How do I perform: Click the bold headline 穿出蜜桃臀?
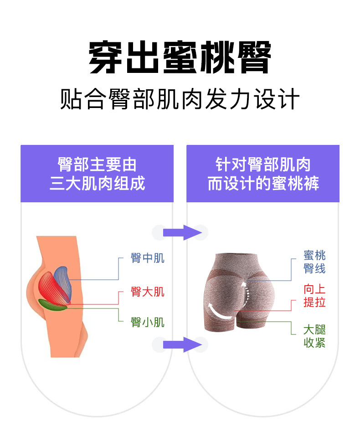180,58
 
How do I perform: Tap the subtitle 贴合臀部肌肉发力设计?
180,99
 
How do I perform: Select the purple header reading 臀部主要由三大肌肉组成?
97,174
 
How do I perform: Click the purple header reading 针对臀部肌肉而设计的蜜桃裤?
263,174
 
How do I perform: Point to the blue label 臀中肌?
147,258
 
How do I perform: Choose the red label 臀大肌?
147,291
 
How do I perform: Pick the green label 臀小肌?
147,323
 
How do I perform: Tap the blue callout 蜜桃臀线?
314,262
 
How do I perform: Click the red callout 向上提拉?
314,295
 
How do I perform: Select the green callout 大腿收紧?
314,336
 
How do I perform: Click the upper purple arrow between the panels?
182,232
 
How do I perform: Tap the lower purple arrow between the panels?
182,344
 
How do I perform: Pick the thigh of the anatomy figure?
64,333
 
